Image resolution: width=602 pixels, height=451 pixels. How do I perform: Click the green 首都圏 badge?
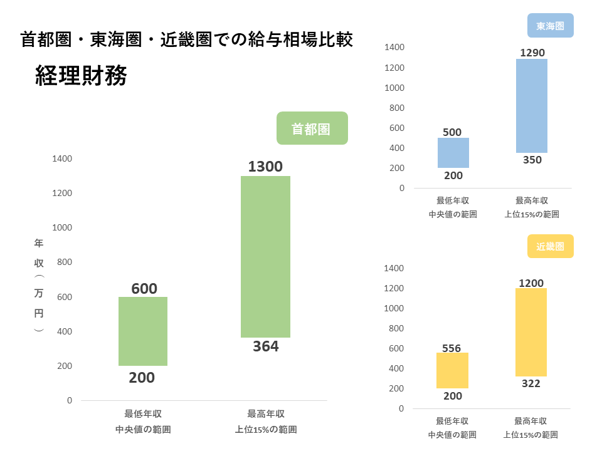coord(312,128)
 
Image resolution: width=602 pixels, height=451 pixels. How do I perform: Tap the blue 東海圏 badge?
coord(550,27)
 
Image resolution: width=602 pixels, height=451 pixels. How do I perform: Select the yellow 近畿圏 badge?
coord(550,246)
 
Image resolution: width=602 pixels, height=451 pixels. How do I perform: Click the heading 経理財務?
coord(82,76)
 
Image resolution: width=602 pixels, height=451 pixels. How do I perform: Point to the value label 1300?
coord(265,167)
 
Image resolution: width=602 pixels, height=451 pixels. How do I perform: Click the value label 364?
coord(265,346)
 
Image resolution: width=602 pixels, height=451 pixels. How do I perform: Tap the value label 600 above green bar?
coord(144,289)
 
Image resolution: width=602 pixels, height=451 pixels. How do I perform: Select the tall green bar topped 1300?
coord(265,257)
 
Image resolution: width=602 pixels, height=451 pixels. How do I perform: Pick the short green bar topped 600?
coord(143,331)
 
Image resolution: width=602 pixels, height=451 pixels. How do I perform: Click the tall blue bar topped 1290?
coord(532,106)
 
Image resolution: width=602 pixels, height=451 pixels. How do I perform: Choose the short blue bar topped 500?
coord(453,153)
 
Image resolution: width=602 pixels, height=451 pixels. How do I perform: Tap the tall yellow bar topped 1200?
coord(531,332)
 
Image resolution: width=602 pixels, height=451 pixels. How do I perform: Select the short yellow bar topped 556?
coord(453,370)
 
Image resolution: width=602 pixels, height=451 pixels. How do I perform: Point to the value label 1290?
coord(532,53)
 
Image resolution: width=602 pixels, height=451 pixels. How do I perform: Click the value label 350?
coord(532,160)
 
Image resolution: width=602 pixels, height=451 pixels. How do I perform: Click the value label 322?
coord(531,383)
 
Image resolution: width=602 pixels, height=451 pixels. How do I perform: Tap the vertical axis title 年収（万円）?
coord(39,284)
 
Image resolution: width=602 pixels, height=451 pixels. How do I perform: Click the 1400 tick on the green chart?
coord(62,159)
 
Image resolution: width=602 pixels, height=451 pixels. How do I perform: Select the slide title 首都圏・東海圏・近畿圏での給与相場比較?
coord(186,40)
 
